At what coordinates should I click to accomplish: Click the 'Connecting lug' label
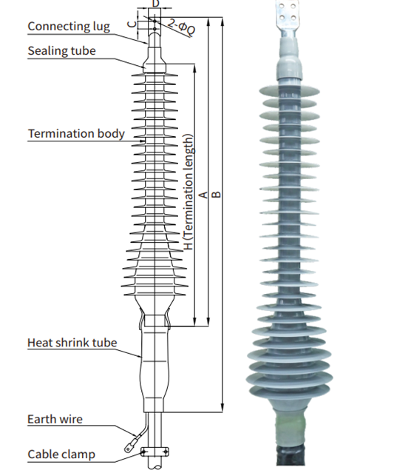click(x=69, y=27)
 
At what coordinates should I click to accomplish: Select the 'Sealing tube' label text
click(x=62, y=50)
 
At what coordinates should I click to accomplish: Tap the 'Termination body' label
click(x=76, y=134)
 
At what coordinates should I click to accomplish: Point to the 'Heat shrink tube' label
click(x=72, y=343)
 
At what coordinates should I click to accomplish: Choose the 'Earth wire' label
click(x=55, y=419)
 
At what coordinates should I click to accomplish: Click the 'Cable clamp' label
click(x=61, y=454)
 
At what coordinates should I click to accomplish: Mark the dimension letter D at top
click(x=155, y=4)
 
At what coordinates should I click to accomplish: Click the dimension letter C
click(x=132, y=24)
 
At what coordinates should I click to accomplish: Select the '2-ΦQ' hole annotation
click(x=181, y=27)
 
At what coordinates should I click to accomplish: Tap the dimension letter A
click(x=204, y=195)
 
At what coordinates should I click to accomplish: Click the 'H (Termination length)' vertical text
click(x=188, y=192)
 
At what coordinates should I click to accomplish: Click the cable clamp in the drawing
click(x=154, y=452)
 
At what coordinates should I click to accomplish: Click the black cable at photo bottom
click(x=291, y=454)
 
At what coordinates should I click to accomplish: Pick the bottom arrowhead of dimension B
click(x=223, y=409)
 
